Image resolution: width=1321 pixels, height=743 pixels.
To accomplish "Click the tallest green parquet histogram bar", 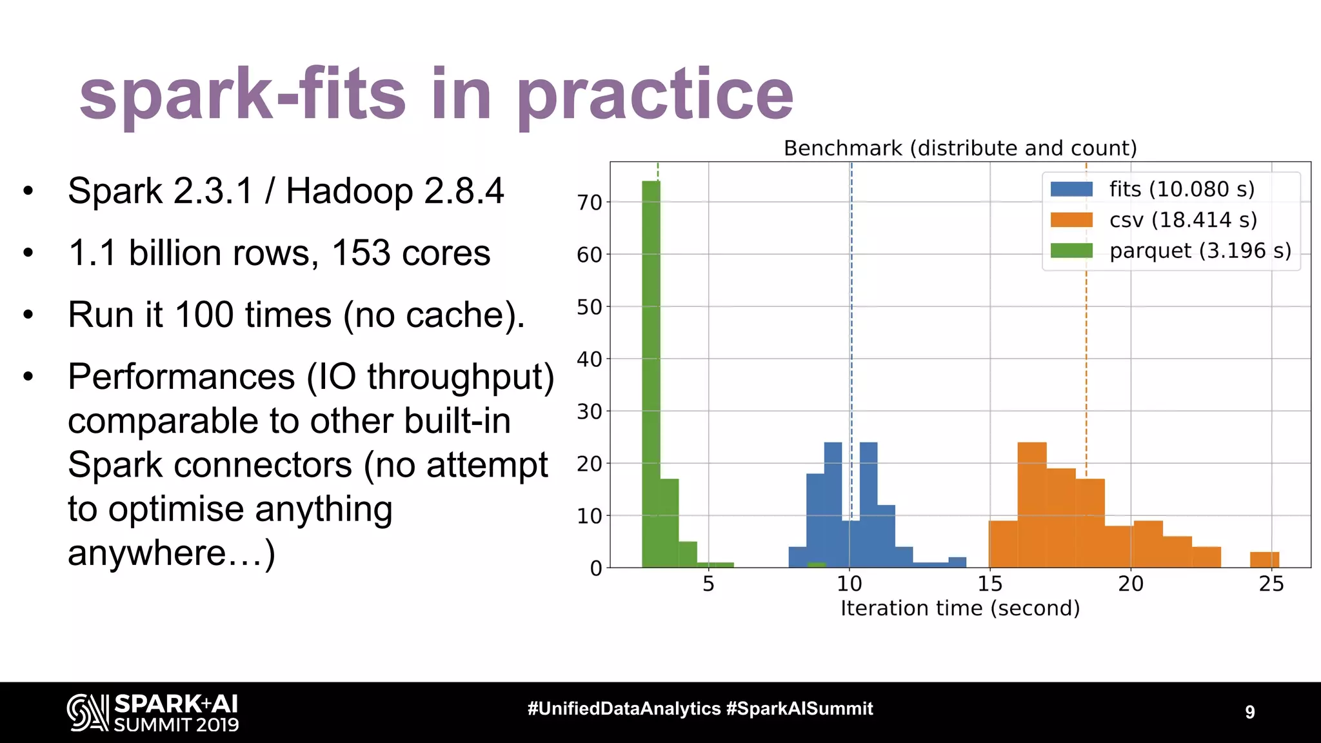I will click(651, 374).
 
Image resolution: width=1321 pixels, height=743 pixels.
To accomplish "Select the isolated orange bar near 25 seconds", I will click(1264, 560).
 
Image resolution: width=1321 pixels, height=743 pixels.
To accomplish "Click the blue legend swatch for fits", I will click(1071, 189).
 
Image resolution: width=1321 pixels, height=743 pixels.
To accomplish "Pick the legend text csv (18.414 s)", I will click(1183, 220).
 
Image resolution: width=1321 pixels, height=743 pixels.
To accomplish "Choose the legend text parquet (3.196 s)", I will click(1200, 250).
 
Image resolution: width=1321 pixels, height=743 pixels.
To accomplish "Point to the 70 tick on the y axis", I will click(590, 203).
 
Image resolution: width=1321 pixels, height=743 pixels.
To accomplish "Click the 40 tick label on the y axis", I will click(590, 359).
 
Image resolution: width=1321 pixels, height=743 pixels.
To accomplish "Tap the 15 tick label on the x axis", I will click(989, 584).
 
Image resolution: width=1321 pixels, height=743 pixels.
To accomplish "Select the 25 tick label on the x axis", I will click(1271, 584).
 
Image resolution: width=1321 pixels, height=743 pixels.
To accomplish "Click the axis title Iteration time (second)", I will click(960, 608).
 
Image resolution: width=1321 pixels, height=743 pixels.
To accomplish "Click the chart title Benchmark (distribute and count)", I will click(960, 148).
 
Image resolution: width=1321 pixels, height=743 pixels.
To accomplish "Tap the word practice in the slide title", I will click(655, 95).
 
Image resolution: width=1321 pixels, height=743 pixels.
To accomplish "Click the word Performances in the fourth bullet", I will click(181, 377).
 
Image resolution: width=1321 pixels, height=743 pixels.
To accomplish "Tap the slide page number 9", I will click(1249, 712).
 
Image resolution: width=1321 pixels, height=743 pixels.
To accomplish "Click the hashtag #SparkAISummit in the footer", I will click(799, 709).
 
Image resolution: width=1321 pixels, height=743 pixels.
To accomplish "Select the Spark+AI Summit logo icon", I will click(87, 713).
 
